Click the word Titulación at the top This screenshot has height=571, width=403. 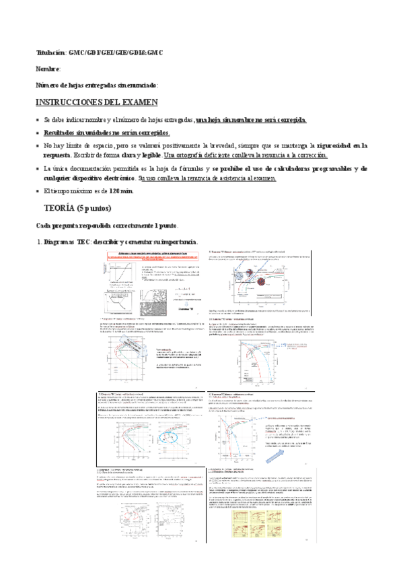[50, 53]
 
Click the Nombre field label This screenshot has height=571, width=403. [48, 69]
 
